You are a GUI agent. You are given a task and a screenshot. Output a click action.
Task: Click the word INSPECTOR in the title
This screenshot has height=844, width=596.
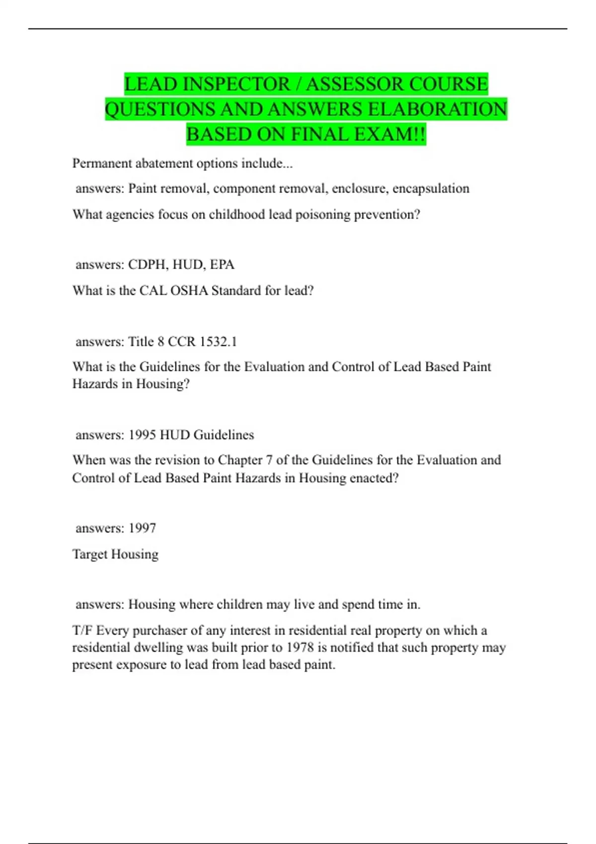tap(235, 84)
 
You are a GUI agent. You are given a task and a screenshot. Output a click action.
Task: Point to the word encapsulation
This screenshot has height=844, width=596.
tap(431, 189)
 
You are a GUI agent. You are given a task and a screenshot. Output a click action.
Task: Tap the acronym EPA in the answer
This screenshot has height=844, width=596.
tap(222, 265)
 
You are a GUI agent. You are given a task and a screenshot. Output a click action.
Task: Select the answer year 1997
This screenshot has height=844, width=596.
tap(142, 528)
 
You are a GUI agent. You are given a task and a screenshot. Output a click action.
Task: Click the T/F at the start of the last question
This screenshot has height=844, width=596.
tap(82, 631)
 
